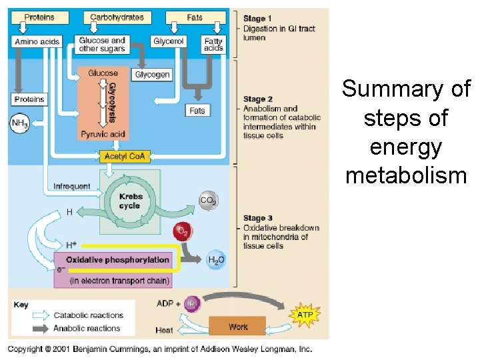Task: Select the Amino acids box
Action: [37, 41]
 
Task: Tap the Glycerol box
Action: [169, 41]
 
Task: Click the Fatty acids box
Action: [213, 44]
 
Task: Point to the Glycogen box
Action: [152, 75]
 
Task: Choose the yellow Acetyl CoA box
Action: [125, 157]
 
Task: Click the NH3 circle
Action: [19, 123]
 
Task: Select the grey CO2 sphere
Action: [208, 199]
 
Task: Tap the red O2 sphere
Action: [181, 232]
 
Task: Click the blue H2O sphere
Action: [216, 260]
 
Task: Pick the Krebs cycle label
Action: [130, 201]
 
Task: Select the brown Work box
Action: [237, 327]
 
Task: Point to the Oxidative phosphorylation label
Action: [117, 259]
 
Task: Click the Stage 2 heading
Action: [258, 99]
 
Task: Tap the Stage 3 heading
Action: [258, 218]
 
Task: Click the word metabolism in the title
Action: [406, 176]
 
